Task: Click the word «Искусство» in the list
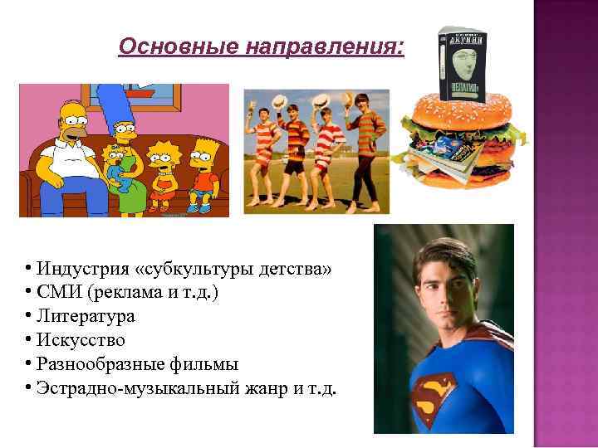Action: tap(81, 340)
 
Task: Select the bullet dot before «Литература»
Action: tap(28, 316)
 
